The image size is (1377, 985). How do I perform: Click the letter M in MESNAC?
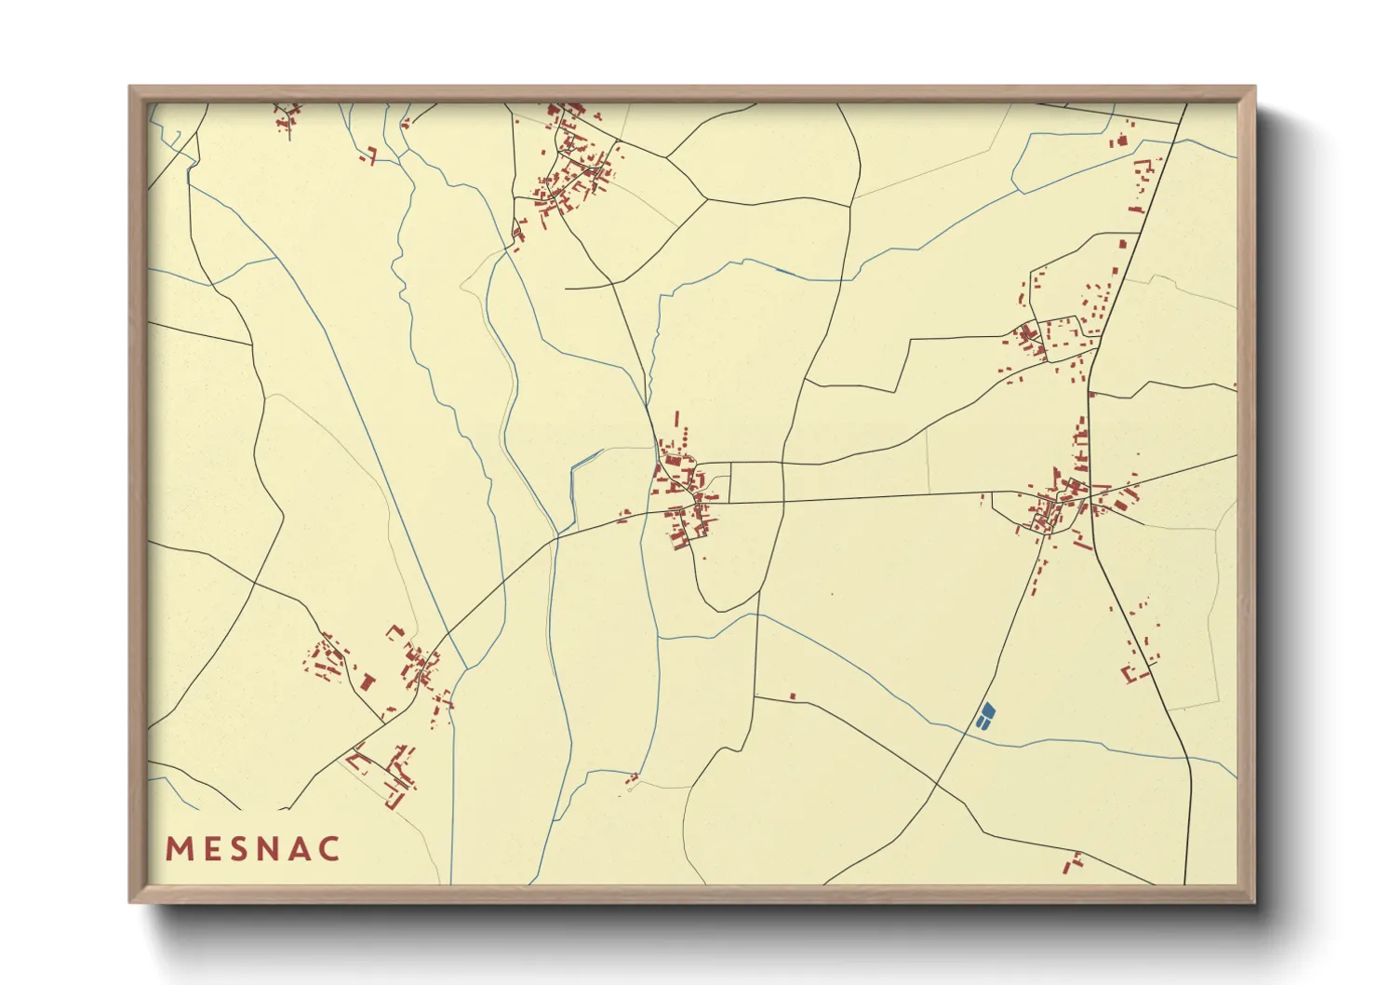point(180,849)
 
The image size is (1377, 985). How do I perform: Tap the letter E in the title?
point(211,849)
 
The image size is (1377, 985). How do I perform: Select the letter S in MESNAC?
point(240,849)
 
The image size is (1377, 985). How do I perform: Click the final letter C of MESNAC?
point(329,849)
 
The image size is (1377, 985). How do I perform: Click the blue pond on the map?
point(985,715)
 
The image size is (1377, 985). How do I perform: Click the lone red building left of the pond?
point(793,695)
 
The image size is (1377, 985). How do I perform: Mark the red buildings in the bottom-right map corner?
point(1073,863)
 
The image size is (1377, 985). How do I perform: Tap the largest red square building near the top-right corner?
point(1121,142)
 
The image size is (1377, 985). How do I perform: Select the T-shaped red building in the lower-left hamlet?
point(367,682)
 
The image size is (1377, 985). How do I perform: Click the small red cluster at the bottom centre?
point(633,777)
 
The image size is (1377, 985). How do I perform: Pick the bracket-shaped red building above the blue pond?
point(1132,673)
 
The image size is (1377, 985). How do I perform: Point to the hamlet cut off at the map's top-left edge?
point(287,117)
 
